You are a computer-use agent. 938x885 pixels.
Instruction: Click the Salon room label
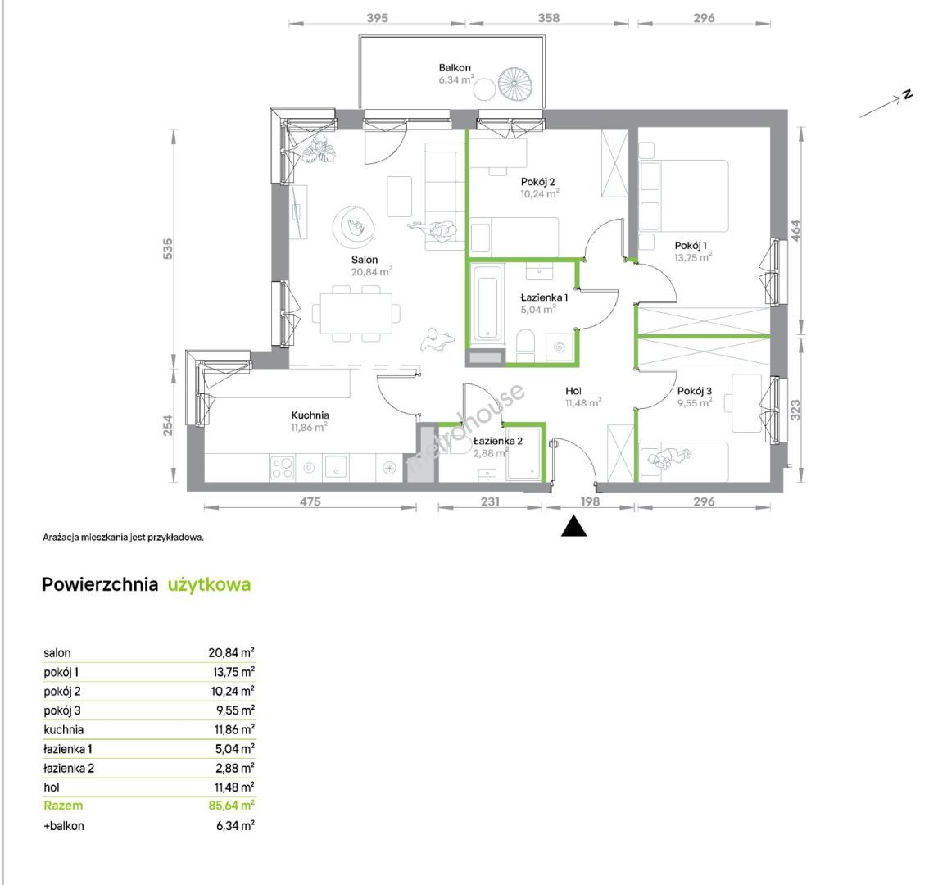tap(365, 260)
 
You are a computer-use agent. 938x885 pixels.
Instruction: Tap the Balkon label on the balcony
tap(455, 68)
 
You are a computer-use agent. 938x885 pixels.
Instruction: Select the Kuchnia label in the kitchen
tap(310, 415)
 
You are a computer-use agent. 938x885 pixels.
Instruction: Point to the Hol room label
tap(573, 391)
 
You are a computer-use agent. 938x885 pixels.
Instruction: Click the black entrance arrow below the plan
tap(573, 527)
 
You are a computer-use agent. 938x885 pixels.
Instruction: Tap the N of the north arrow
tap(908, 94)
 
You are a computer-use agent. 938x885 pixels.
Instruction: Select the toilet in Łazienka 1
tap(525, 346)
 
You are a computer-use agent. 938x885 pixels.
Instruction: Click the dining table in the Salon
tap(356, 313)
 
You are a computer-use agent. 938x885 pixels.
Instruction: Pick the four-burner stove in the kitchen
tap(282, 467)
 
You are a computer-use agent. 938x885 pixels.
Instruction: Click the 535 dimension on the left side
tap(168, 248)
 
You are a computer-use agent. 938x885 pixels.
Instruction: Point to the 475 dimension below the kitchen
tap(310, 501)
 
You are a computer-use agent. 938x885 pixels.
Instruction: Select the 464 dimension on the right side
tap(795, 231)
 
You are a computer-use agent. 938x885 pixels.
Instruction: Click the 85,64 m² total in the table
tap(232, 806)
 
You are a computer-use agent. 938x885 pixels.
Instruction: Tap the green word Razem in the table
tap(63, 806)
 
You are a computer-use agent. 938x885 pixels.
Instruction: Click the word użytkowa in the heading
tap(209, 584)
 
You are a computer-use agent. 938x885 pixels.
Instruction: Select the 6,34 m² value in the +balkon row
tap(235, 826)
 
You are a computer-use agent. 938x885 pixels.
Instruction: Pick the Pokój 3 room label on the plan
tap(695, 391)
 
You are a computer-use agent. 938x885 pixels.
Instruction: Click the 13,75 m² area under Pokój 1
tap(693, 258)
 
